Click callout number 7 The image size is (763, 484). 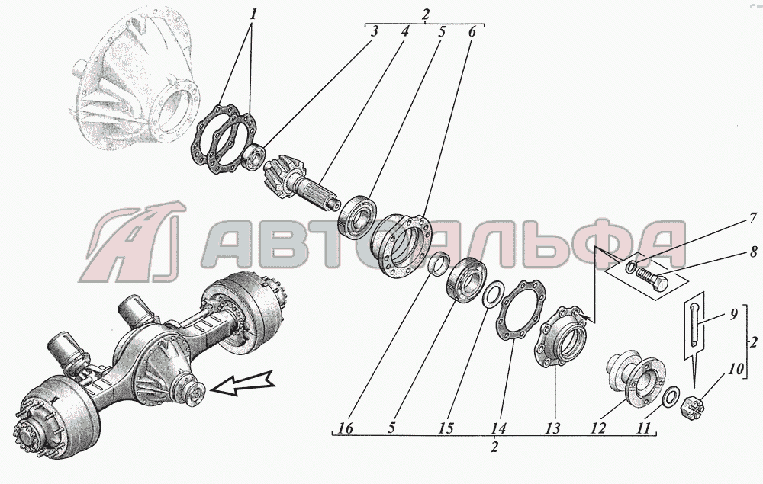(x=752, y=218)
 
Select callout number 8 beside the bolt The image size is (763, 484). (x=752, y=252)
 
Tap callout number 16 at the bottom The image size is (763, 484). (x=346, y=428)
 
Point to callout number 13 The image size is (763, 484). (x=552, y=428)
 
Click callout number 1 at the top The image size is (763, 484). (x=252, y=14)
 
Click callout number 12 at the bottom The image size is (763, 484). (x=598, y=428)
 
